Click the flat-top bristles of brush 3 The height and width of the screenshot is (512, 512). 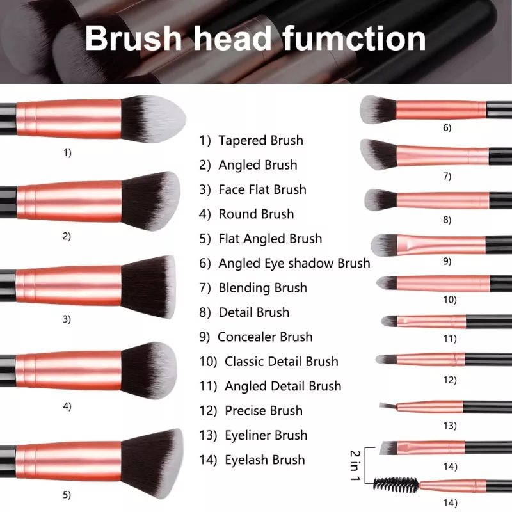point(149,286)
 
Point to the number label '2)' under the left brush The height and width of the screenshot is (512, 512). point(67,236)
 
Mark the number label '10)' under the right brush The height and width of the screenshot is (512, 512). point(450,299)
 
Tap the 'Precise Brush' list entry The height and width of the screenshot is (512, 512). point(263,410)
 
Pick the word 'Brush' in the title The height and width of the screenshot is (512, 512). point(132,38)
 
